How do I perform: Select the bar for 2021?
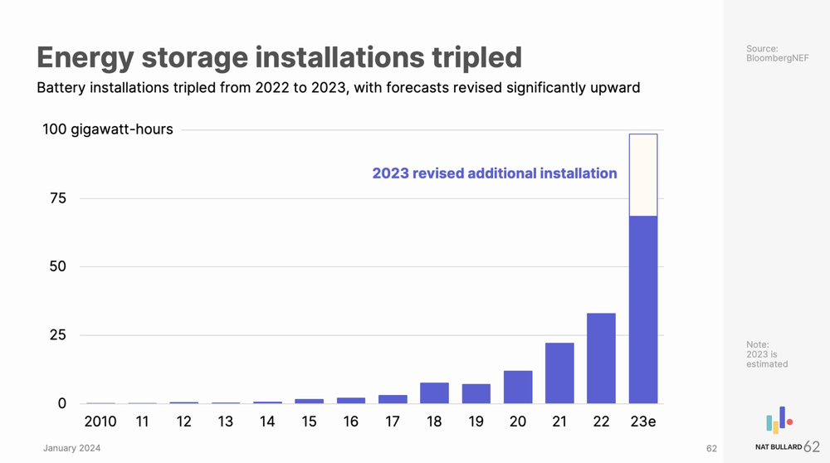559,373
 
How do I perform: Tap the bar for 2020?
518,387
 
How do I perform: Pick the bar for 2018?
434,392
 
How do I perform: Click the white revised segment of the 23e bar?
643,175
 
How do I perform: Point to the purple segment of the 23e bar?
643,309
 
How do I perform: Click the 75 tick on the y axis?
57,198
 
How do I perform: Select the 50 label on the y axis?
57,266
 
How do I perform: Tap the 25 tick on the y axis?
57,335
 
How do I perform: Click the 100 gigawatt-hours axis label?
108,129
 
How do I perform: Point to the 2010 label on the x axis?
100,422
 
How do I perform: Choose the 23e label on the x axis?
643,422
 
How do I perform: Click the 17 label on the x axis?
393,422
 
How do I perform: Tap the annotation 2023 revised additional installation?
494,173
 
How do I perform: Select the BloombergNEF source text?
777,58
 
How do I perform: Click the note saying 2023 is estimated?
767,354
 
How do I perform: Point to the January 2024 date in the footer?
72,448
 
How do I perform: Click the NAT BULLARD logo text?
779,447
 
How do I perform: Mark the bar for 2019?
476,393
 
